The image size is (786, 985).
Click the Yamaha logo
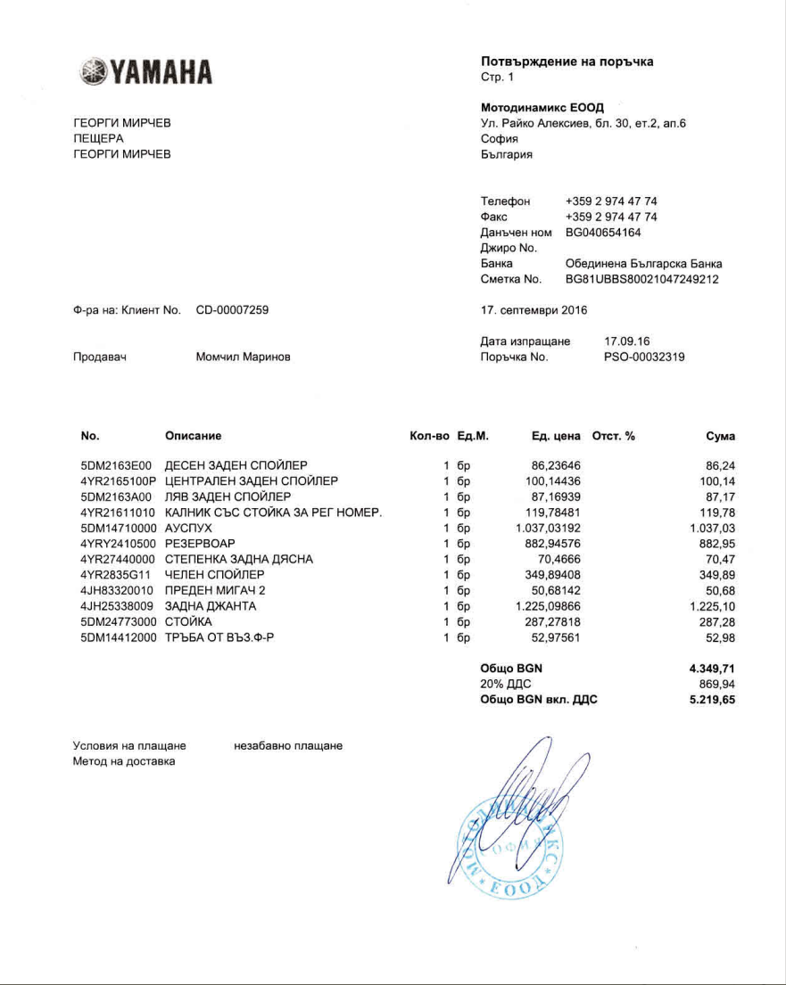pos(146,72)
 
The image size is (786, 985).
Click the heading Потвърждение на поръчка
pos(567,62)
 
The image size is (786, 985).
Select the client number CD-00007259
pos(232,310)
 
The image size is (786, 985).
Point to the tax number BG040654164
pos(603,233)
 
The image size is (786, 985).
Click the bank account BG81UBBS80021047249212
pos(642,279)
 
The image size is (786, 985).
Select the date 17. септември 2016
pos(534,310)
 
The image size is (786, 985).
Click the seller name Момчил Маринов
pos(243,357)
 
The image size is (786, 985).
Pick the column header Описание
pos(193,436)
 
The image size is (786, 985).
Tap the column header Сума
pos(720,436)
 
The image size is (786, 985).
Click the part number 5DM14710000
pos(118,528)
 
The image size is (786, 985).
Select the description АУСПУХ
pos(188,528)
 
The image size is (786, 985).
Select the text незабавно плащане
pos(288,745)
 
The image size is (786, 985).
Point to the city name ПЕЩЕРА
pos(98,138)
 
